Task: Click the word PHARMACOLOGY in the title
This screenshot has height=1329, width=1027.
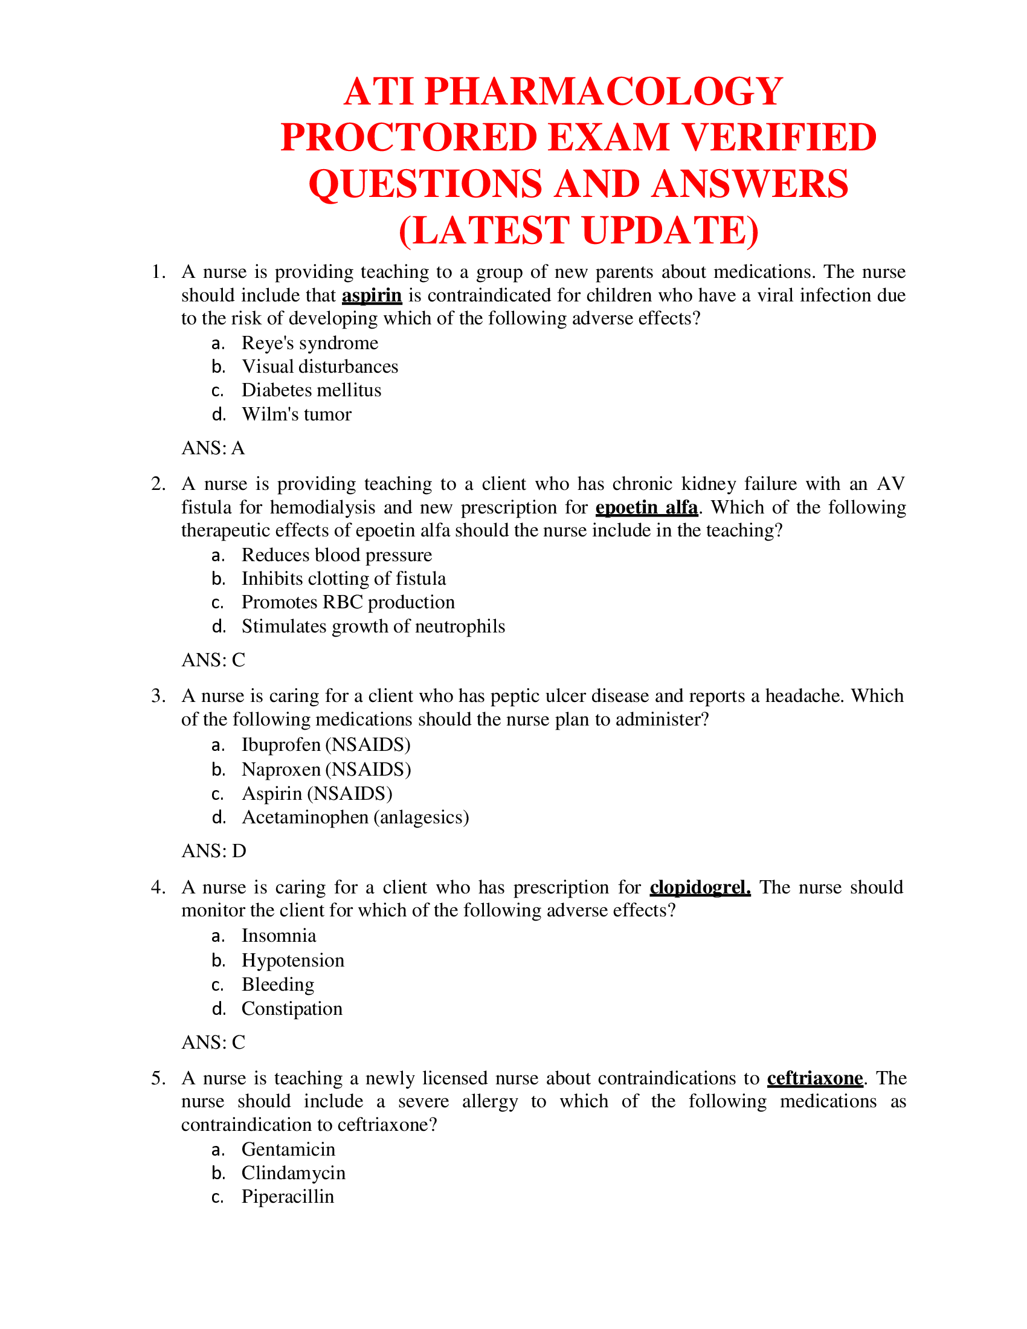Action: [x=603, y=92]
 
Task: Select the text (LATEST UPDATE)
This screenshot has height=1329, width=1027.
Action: [x=578, y=231]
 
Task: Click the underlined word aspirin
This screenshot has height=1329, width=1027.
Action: [x=372, y=296]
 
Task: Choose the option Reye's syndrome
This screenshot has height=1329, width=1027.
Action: [x=310, y=343]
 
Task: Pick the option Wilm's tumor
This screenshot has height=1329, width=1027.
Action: [x=296, y=414]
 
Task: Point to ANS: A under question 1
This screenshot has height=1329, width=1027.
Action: [x=213, y=448]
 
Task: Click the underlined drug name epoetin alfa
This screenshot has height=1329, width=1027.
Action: [x=646, y=507]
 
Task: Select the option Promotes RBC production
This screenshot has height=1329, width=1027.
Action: [x=348, y=602]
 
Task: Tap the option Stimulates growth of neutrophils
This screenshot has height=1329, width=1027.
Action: [x=373, y=627]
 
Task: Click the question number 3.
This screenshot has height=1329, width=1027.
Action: [x=158, y=696]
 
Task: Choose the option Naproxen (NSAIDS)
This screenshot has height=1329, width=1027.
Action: [x=326, y=770]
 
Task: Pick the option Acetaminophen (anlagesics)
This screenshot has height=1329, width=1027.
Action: [x=355, y=817]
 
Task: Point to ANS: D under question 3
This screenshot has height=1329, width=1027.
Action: [x=213, y=851]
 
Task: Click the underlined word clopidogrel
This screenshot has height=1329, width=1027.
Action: [x=700, y=887]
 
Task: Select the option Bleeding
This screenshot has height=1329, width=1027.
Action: [x=278, y=985]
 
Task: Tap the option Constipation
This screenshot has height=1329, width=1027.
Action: [x=292, y=1009]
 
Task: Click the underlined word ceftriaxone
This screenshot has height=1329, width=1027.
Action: [x=815, y=1078]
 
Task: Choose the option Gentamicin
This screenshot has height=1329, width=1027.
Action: [x=288, y=1150]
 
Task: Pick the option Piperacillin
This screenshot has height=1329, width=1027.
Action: [x=288, y=1197]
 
